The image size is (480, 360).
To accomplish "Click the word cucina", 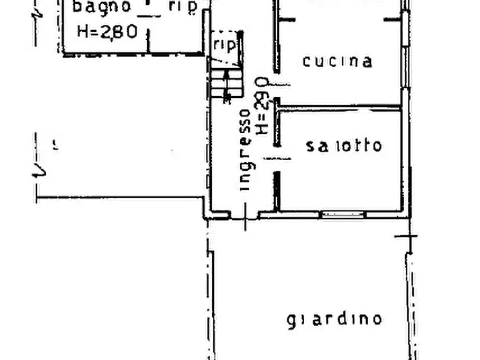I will coord(338,61).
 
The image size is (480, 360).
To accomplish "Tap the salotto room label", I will coord(344,146).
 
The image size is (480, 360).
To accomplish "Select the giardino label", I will coord(334,319).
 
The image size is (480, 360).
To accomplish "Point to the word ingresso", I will coord(245,150).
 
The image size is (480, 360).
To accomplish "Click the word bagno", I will coord(102,7).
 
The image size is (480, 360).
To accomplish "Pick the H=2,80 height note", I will coord(108,31).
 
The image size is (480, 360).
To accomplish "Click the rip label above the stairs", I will coord(224,45).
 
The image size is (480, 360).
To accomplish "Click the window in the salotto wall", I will coord(343,214).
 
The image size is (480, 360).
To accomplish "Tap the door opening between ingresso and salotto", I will coord(277,159).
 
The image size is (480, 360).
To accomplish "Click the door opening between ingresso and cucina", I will coord(277,85).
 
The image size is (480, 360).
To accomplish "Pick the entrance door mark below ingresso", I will coord(245,216).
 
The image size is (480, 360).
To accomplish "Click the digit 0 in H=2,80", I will coord(130,31).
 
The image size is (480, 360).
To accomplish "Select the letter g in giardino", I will coord(291,321).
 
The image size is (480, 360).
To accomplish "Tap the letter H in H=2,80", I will coord(84,31).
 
